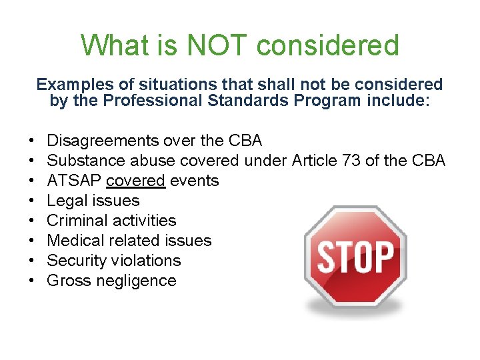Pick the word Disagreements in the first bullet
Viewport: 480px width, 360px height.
103,141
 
